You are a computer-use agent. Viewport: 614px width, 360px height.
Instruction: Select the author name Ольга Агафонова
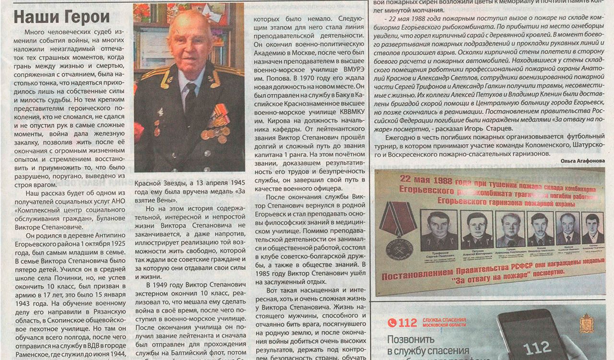(582, 161)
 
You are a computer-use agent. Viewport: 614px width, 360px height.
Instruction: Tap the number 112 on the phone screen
(537, 348)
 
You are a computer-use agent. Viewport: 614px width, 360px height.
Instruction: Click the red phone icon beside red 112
(392, 323)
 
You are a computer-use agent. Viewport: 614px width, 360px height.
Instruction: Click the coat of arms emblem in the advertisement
(586, 323)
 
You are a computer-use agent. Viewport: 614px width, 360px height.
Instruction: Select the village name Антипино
(108, 235)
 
